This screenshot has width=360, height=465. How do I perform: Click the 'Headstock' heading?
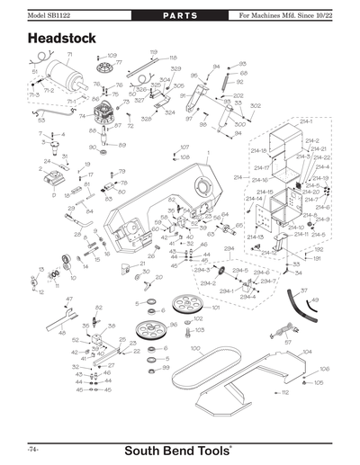pos(64,40)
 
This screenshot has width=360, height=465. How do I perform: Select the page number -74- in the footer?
pos(32,447)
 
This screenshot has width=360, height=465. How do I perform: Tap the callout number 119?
pos(154,52)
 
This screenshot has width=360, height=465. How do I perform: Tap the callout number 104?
pos(307,352)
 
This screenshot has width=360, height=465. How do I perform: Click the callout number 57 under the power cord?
pos(288,342)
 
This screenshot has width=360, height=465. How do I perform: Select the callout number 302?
pos(256,106)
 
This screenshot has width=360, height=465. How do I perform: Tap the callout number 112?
pos(284,393)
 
